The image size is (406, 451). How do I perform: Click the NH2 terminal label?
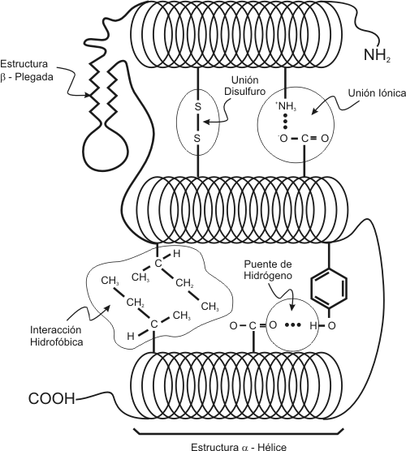[377, 55]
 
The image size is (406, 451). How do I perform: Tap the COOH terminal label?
[52, 398]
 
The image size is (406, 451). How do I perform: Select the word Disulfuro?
[244, 91]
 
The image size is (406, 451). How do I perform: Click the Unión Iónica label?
[377, 93]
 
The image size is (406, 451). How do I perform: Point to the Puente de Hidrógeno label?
[268, 269]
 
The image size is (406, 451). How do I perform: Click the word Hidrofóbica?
[57, 342]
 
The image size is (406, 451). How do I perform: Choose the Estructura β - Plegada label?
[27, 71]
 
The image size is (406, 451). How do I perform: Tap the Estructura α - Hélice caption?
[239, 447]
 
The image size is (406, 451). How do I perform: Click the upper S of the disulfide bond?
[197, 107]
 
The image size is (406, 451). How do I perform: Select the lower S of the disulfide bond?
[197, 139]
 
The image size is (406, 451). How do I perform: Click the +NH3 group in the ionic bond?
[286, 106]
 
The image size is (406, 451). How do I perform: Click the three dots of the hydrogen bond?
[292, 325]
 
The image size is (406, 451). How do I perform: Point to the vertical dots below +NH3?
[285, 122]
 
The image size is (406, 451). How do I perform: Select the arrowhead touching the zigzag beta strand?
[87, 95]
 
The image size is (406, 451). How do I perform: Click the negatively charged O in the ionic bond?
[283, 139]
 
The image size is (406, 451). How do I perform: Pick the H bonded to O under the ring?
[313, 326]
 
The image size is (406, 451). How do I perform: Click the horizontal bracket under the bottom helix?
[239, 432]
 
